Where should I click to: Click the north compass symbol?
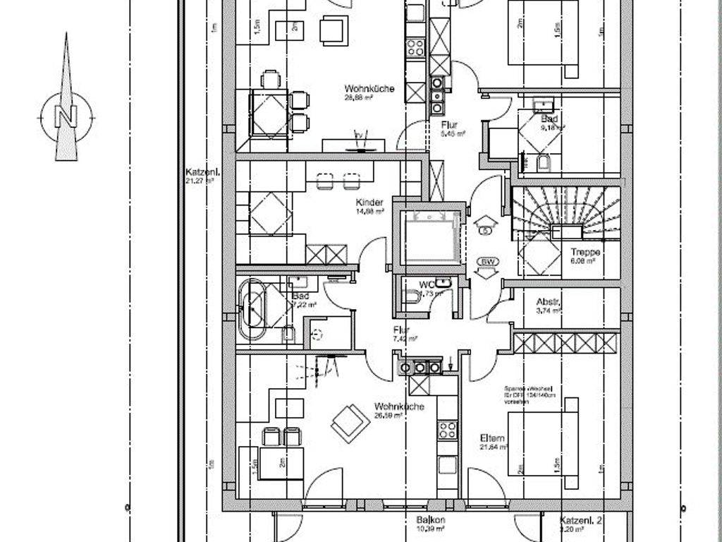(x=66, y=113)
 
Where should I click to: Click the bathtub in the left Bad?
(x=252, y=308)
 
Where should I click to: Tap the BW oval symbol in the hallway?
(x=486, y=262)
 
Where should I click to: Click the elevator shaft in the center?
(x=429, y=238)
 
